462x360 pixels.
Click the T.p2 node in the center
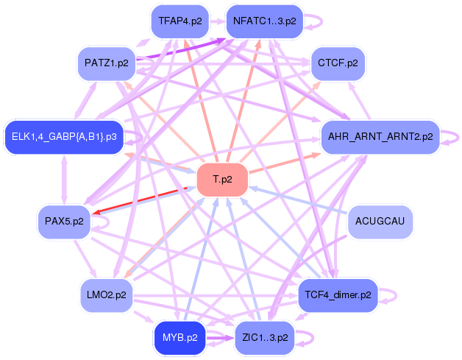click(222, 180)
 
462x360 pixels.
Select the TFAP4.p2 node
click(180, 21)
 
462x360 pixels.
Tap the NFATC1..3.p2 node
click(265, 21)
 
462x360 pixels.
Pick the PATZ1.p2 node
click(107, 63)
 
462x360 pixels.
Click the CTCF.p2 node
click(338, 63)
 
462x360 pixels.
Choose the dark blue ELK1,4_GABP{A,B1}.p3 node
click(64, 137)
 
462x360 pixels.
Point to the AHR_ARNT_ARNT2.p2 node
click(380, 137)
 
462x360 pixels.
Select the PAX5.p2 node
click(64, 221)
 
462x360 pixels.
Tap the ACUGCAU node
click(380, 221)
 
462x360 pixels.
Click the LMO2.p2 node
click(107, 294)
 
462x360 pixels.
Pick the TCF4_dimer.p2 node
click(338, 294)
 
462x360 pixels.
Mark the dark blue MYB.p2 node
click(180, 338)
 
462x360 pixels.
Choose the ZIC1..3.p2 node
click(265, 338)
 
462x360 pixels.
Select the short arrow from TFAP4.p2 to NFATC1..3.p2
click(218, 21)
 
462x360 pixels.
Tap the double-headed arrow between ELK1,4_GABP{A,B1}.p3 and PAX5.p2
click(64, 179)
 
